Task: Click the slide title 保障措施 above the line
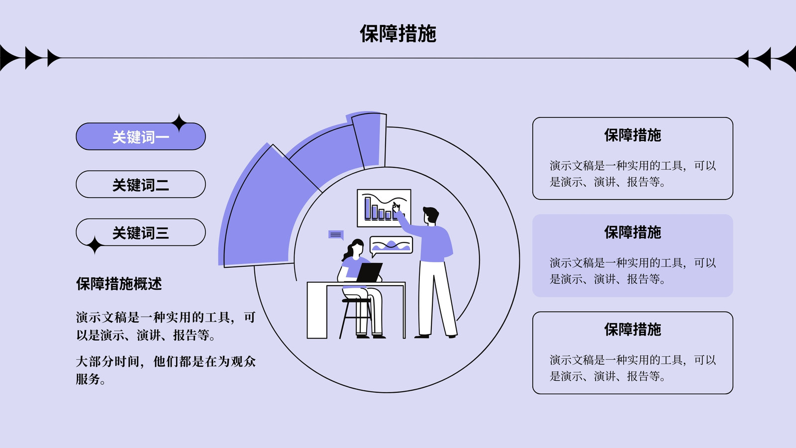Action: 398,34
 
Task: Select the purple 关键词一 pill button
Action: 141,136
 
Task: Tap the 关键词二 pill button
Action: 141,184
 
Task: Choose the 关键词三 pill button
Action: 141,232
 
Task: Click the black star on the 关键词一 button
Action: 179,123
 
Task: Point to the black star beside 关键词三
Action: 95,245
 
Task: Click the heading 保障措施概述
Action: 119,284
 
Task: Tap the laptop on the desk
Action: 370,272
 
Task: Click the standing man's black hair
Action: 431,214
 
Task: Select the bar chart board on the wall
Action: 384,208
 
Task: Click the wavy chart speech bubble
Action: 391,246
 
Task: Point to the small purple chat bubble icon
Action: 336,235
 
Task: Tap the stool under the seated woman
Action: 355,318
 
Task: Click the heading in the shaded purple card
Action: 632,232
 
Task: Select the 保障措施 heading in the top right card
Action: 632,135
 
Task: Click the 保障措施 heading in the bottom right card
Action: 632,329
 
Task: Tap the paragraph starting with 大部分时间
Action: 166,370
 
